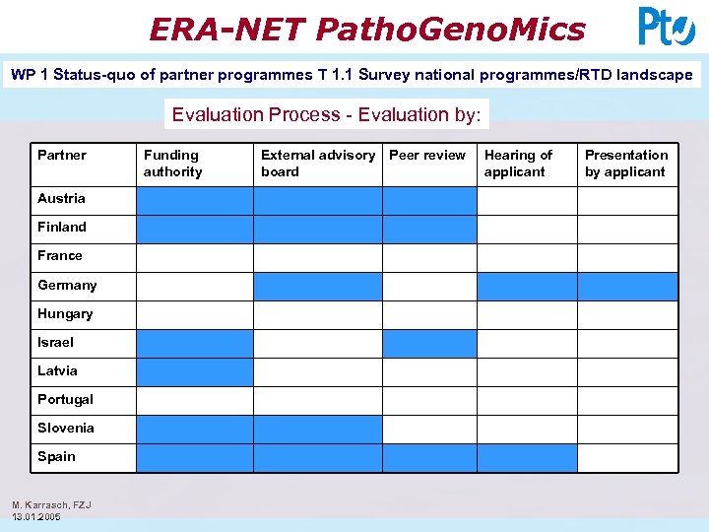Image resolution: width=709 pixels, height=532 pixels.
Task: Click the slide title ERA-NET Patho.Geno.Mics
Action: [x=366, y=29]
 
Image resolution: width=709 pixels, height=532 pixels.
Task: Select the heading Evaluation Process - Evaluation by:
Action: [x=326, y=114]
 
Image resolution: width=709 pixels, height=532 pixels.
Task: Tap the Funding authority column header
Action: [x=172, y=164]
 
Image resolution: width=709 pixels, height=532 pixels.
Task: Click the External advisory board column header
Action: [x=317, y=164]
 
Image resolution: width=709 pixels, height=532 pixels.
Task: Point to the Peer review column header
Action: [x=427, y=155]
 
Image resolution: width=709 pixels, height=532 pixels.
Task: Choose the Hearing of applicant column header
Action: [x=518, y=164]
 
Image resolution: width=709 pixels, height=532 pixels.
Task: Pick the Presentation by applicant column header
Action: [x=626, y=164]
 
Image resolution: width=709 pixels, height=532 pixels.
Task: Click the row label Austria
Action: [x=61, y=198]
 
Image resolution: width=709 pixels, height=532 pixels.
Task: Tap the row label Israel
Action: [x=55, y=342]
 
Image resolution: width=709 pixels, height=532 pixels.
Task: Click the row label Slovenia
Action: [x=66, y=428]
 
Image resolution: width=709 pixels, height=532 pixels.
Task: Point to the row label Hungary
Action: [x=65, y=313]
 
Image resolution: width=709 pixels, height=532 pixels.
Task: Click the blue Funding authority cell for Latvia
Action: [x=194, y=372]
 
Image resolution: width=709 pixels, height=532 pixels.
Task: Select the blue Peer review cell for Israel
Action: [x=429, y=344]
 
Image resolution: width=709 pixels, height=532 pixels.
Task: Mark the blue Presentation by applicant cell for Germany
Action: [x=627, y=287]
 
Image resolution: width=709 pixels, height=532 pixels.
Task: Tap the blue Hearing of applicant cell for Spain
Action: [x=527, y=458]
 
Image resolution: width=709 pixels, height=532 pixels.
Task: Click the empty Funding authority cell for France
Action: [x=194, y=258]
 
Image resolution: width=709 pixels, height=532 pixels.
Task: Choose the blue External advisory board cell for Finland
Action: [x=317, y=230]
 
